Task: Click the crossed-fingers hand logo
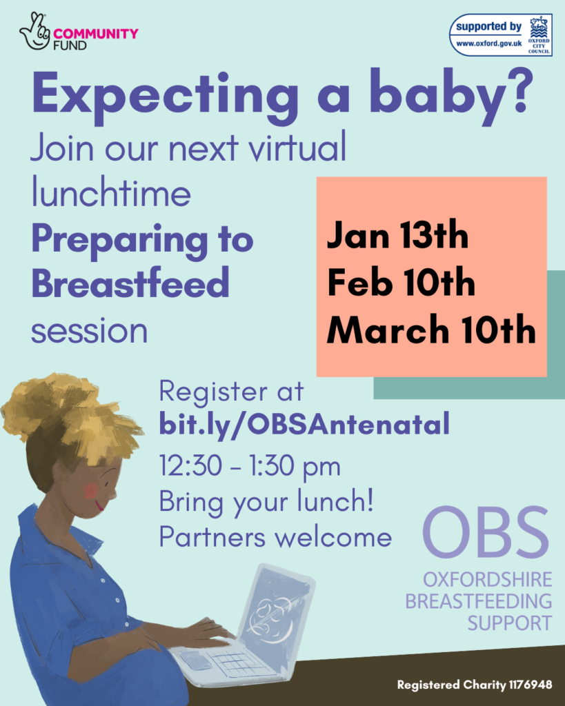(x=35, y=30)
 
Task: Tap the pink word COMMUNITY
(x=96, y=33)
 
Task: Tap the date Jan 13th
(x=397, y=236)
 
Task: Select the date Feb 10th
(x=401, y=283)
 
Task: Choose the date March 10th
(x=431, y=330)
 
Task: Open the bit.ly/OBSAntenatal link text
(x=304, y=424)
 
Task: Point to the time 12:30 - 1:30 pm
(x=250, y=467)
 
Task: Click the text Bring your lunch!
(x=266, y=501)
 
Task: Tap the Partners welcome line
(x=275, y=537)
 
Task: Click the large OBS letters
(x=486, y=534)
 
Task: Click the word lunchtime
(x=110, y=194)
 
